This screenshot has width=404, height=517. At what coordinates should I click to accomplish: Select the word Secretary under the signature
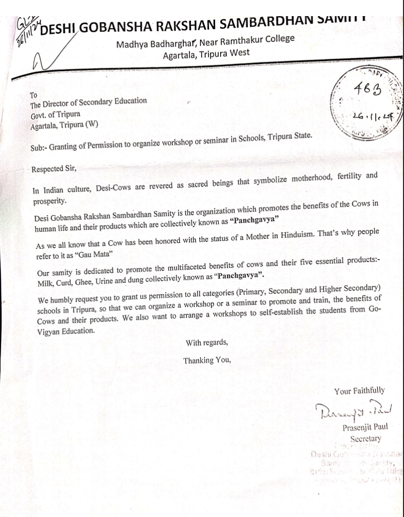(x=366, y=439)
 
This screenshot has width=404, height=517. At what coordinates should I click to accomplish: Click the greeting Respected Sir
(x=54, y=169)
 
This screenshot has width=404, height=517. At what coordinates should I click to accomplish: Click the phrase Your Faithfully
(x=359, y=390)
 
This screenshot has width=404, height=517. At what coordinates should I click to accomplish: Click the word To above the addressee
(x=34, y=94)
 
